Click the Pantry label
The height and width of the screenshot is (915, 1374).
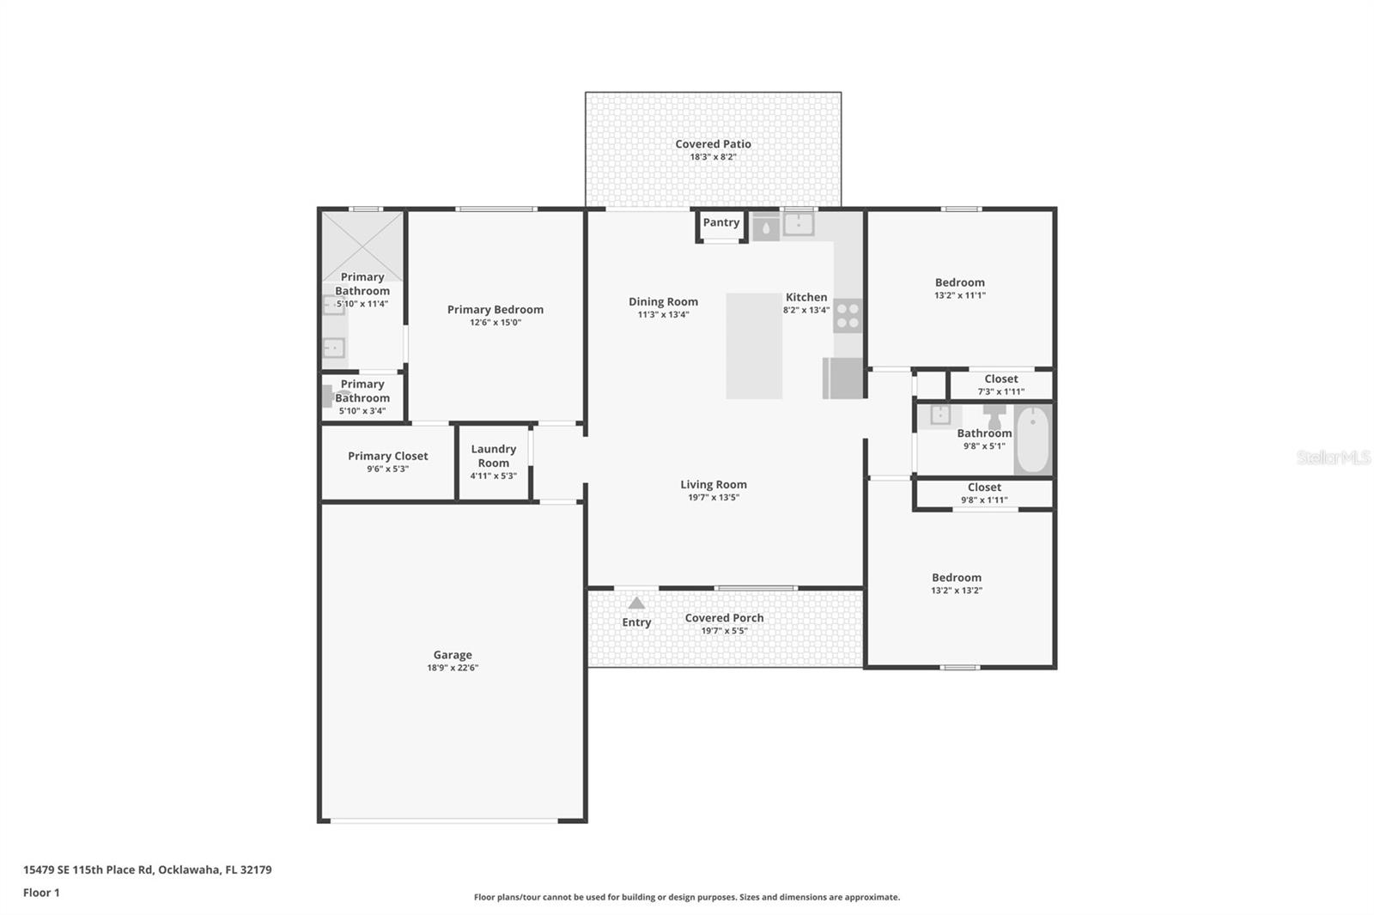point(720,222)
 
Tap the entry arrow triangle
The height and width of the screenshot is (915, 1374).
point(636,603)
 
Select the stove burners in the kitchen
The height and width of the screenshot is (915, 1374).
point(848,316)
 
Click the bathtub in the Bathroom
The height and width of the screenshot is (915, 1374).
point(1033,439)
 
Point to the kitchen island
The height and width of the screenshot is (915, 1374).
point(754,346)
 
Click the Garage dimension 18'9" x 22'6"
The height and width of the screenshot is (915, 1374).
point(453,668)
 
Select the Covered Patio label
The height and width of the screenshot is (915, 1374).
point(713,144)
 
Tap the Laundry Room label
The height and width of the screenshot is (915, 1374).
point(493,456)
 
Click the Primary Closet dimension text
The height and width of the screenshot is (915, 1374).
point(387,470)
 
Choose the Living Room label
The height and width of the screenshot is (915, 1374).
point(714,484)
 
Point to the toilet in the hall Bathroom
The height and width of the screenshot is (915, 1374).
point(994,416)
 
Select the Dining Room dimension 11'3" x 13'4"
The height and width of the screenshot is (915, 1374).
point(663,315)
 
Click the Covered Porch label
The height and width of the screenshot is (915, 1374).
point(724,618)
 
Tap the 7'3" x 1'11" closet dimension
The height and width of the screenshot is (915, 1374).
point(1000,392)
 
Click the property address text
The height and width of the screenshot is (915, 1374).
point(147,870)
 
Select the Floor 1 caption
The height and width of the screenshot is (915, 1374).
point(41,893)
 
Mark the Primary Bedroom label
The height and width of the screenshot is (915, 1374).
point(495,310)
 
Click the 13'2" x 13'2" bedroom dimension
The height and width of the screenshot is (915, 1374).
point(956,591)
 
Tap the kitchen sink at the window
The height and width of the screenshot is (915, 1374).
point(798,224)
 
